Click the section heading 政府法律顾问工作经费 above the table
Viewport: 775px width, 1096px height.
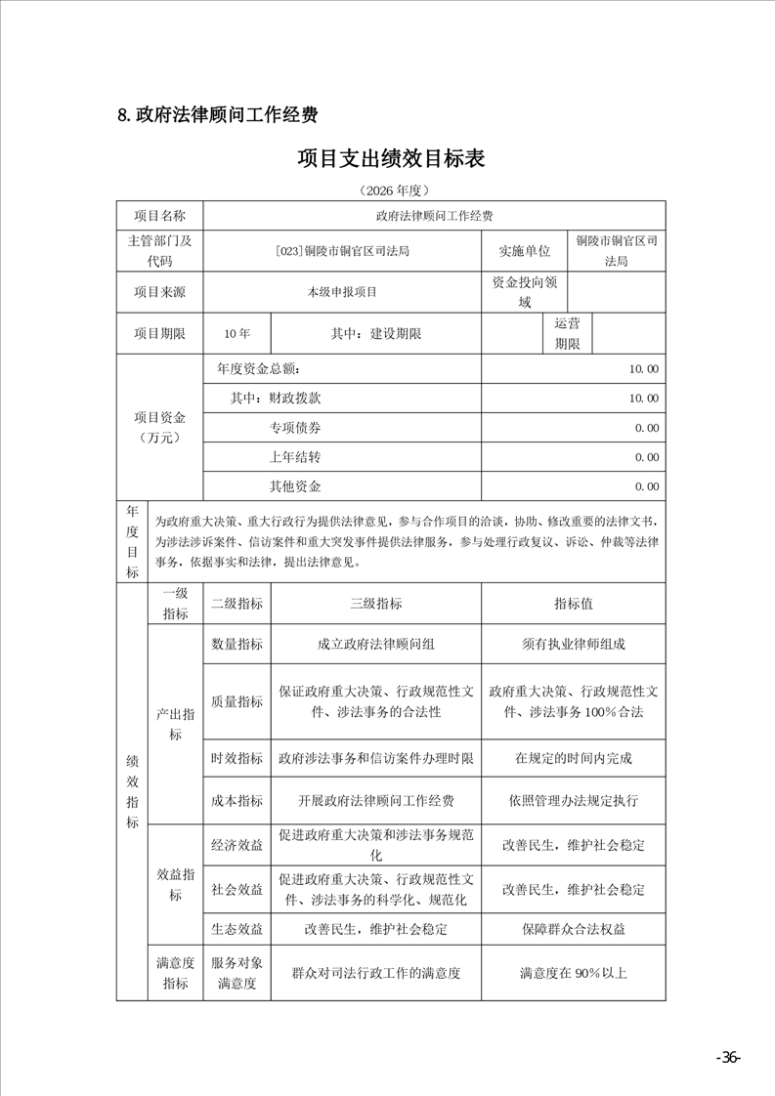point(217,115)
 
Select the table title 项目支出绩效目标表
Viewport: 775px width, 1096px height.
point(391,158)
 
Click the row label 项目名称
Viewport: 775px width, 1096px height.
point(159,215)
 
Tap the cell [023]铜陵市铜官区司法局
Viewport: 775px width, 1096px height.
point(342,251)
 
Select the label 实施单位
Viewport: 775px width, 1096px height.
point(525,251)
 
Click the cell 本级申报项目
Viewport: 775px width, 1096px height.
point(342,291)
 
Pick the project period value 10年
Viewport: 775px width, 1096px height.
point(237,333)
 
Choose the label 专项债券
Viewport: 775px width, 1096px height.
point(295,428)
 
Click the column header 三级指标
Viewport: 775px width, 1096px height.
point(375,604)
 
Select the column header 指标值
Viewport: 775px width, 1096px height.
point(573,604)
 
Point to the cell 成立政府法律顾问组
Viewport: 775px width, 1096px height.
point(375,644)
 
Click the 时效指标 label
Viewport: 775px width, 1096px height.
point(237,758)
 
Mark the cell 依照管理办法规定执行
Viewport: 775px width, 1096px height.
point(573,801)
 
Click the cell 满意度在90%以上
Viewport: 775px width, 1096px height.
point(573,973)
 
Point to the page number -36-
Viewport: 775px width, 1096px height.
point(728,1058)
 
